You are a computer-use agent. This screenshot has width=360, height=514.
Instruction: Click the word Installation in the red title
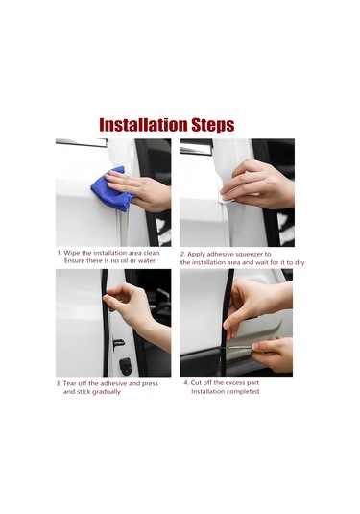point(143,125)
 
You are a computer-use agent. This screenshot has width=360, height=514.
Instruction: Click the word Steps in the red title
point(213,126)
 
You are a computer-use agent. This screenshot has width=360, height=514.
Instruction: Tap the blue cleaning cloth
point(111,189)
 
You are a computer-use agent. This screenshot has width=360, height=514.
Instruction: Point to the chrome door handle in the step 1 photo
point(82,142)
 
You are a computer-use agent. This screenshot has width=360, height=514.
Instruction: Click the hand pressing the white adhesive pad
point(258,184)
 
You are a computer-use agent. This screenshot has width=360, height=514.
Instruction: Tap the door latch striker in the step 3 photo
point(119,343)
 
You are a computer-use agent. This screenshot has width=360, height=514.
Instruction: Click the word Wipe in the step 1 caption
point(71,253)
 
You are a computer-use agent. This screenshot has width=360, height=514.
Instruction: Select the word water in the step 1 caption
point(147,261)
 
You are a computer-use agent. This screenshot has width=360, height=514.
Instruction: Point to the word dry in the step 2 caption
point(300,263)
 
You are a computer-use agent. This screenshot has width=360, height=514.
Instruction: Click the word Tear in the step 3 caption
point(69,383)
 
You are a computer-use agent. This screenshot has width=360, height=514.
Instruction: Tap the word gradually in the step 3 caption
point(107,392)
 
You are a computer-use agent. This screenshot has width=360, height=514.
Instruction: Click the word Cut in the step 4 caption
point(196,383)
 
